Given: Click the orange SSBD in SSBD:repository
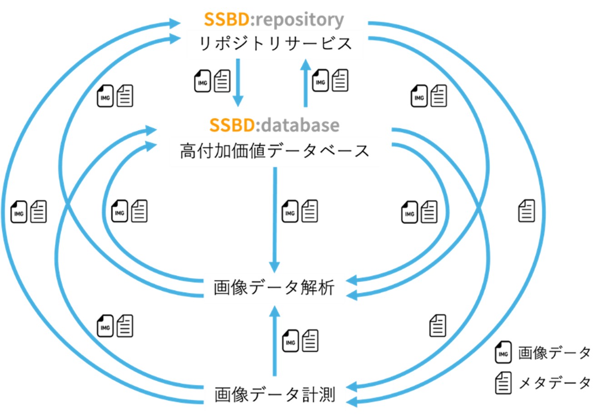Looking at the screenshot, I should pos(225,20).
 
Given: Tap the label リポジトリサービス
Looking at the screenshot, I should pos(275,44).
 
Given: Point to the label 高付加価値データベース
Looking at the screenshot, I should pos(274,150).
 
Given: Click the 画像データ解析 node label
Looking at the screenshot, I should pos(274,288).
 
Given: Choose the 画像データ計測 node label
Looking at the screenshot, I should pos(274,394).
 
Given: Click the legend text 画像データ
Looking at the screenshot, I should pos(554,353).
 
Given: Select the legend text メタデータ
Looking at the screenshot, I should pos(554,383).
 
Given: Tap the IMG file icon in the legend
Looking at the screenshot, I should pos(503,352).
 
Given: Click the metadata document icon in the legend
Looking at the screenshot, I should pos(503,382).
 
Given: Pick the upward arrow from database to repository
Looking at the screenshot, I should pos(305,84).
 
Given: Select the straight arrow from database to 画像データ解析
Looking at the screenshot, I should pos(274,218).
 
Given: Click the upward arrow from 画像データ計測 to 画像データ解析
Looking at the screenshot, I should pos(274,341).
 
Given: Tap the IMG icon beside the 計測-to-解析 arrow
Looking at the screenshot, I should pos(290,341).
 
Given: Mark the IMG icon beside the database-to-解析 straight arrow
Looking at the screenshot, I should pos(290,212).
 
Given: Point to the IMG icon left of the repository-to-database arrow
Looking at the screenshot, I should pos(202,81).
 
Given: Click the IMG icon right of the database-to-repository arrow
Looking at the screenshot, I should pos(320,80).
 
